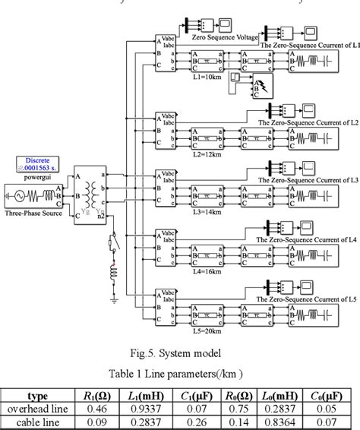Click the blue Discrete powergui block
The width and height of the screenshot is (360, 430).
coord(36,166)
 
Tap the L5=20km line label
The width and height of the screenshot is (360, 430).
coord(207,332)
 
